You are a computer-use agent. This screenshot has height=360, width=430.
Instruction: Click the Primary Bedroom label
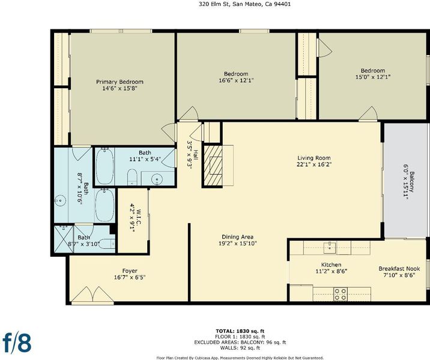point(120,82)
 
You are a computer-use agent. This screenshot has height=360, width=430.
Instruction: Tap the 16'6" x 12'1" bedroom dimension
point(236,80)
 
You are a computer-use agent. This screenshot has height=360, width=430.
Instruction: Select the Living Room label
point(314,158)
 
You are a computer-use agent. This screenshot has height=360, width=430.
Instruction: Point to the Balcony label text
point(411,182)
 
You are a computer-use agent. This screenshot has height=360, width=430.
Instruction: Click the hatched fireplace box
point(213,166)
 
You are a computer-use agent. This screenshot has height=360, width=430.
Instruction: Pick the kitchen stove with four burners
point(341,294)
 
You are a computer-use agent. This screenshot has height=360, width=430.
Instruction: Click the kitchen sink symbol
point(329,247)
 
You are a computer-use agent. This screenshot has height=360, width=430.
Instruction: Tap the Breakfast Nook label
point(399,268)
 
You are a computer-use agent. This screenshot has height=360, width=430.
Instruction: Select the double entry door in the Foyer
point(92,295)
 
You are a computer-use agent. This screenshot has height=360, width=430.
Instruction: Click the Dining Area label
point(237,237)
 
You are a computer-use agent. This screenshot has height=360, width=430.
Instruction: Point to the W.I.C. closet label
point(139,217)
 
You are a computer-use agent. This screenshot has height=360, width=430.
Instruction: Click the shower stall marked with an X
point(64,239)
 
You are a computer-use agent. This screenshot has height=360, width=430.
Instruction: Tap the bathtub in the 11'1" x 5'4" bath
point(104,166)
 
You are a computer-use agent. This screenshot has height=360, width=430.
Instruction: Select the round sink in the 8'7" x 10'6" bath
point(60,201)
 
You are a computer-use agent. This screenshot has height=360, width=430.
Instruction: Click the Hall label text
point(196,155)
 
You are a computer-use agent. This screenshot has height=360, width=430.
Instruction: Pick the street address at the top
point(244,4)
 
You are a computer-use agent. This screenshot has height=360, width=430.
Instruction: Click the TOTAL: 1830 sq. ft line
point(240,331)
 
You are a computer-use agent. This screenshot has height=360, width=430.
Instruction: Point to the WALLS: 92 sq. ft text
point(240,348)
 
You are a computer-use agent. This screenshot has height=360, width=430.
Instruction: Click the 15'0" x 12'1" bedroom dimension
point(373,77)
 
